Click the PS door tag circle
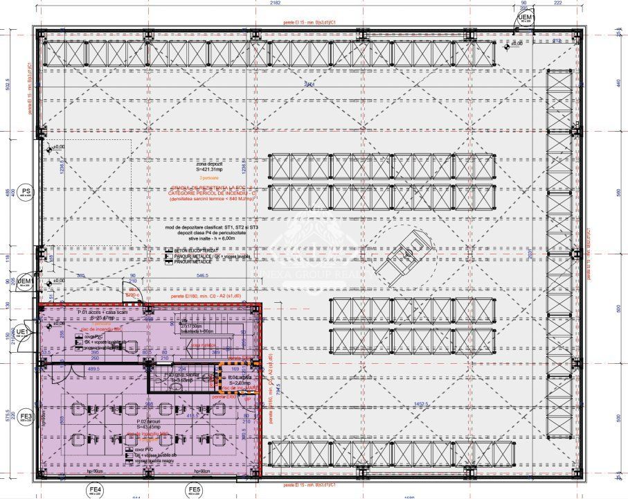26,193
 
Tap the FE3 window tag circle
26,417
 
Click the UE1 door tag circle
23,332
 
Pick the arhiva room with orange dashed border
238,380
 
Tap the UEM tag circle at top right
526,18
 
